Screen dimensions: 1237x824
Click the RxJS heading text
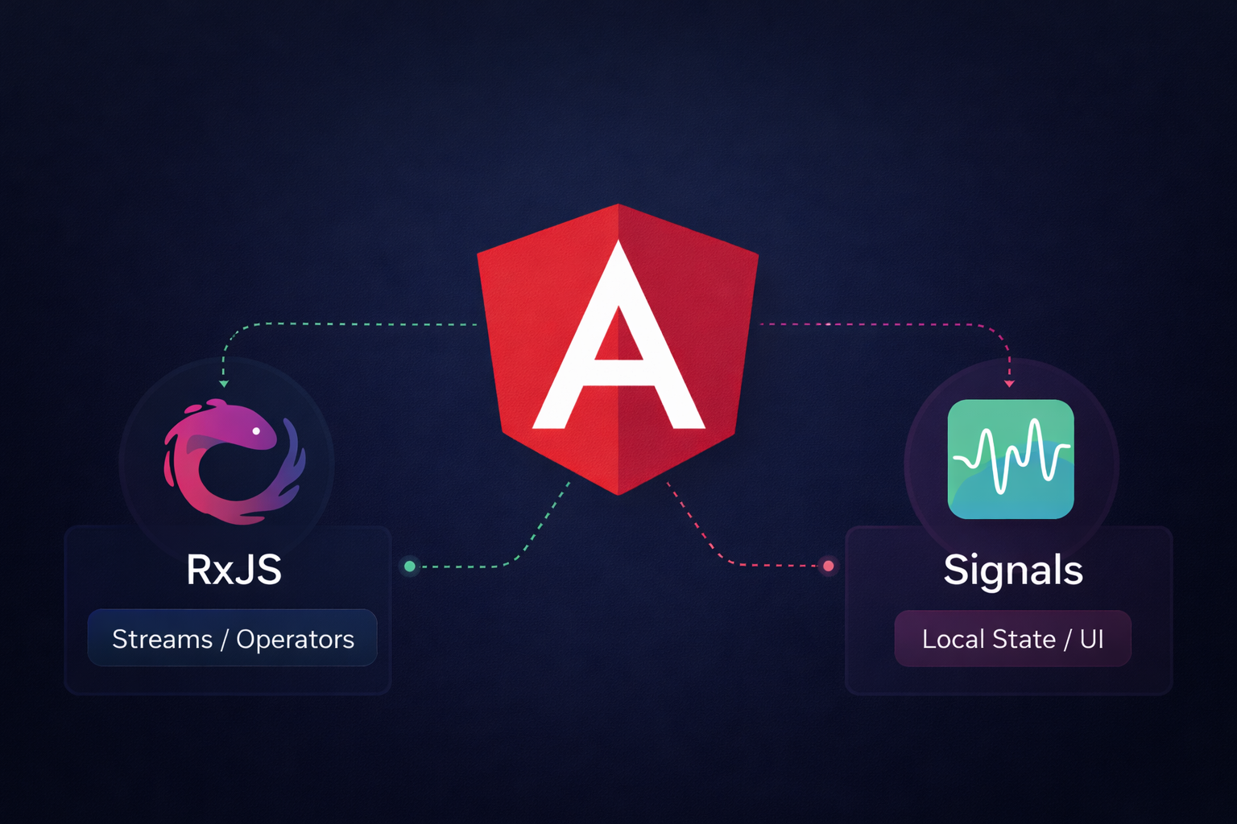click(x=234, y=570)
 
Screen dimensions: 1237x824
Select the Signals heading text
click(x=1012, y=571)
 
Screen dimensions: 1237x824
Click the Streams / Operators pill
click(x=232, y=638)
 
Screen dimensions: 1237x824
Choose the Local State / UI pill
click(x=1012, y=639)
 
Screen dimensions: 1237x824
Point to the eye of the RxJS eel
click(x=256, y=431)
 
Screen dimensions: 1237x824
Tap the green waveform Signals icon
click(x=1011, y=459)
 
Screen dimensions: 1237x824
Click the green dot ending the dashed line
click(x=410, y=566)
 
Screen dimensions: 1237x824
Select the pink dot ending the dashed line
click(x=828, y=566)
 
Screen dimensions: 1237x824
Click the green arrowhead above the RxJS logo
click(x=224, y=384)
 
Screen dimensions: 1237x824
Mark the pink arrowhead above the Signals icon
click(x=1009, y=384)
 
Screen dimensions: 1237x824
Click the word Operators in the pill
click(x=295, y=639)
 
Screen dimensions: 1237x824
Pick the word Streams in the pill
click(x=162, y=639)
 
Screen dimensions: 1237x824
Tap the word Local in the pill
click(x=954, y=639)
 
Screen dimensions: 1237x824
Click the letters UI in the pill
click(x=1091, y=639)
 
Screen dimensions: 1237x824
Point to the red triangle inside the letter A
click(x=618, y=338)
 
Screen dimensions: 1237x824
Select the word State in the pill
click(x=1024, y=639)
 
